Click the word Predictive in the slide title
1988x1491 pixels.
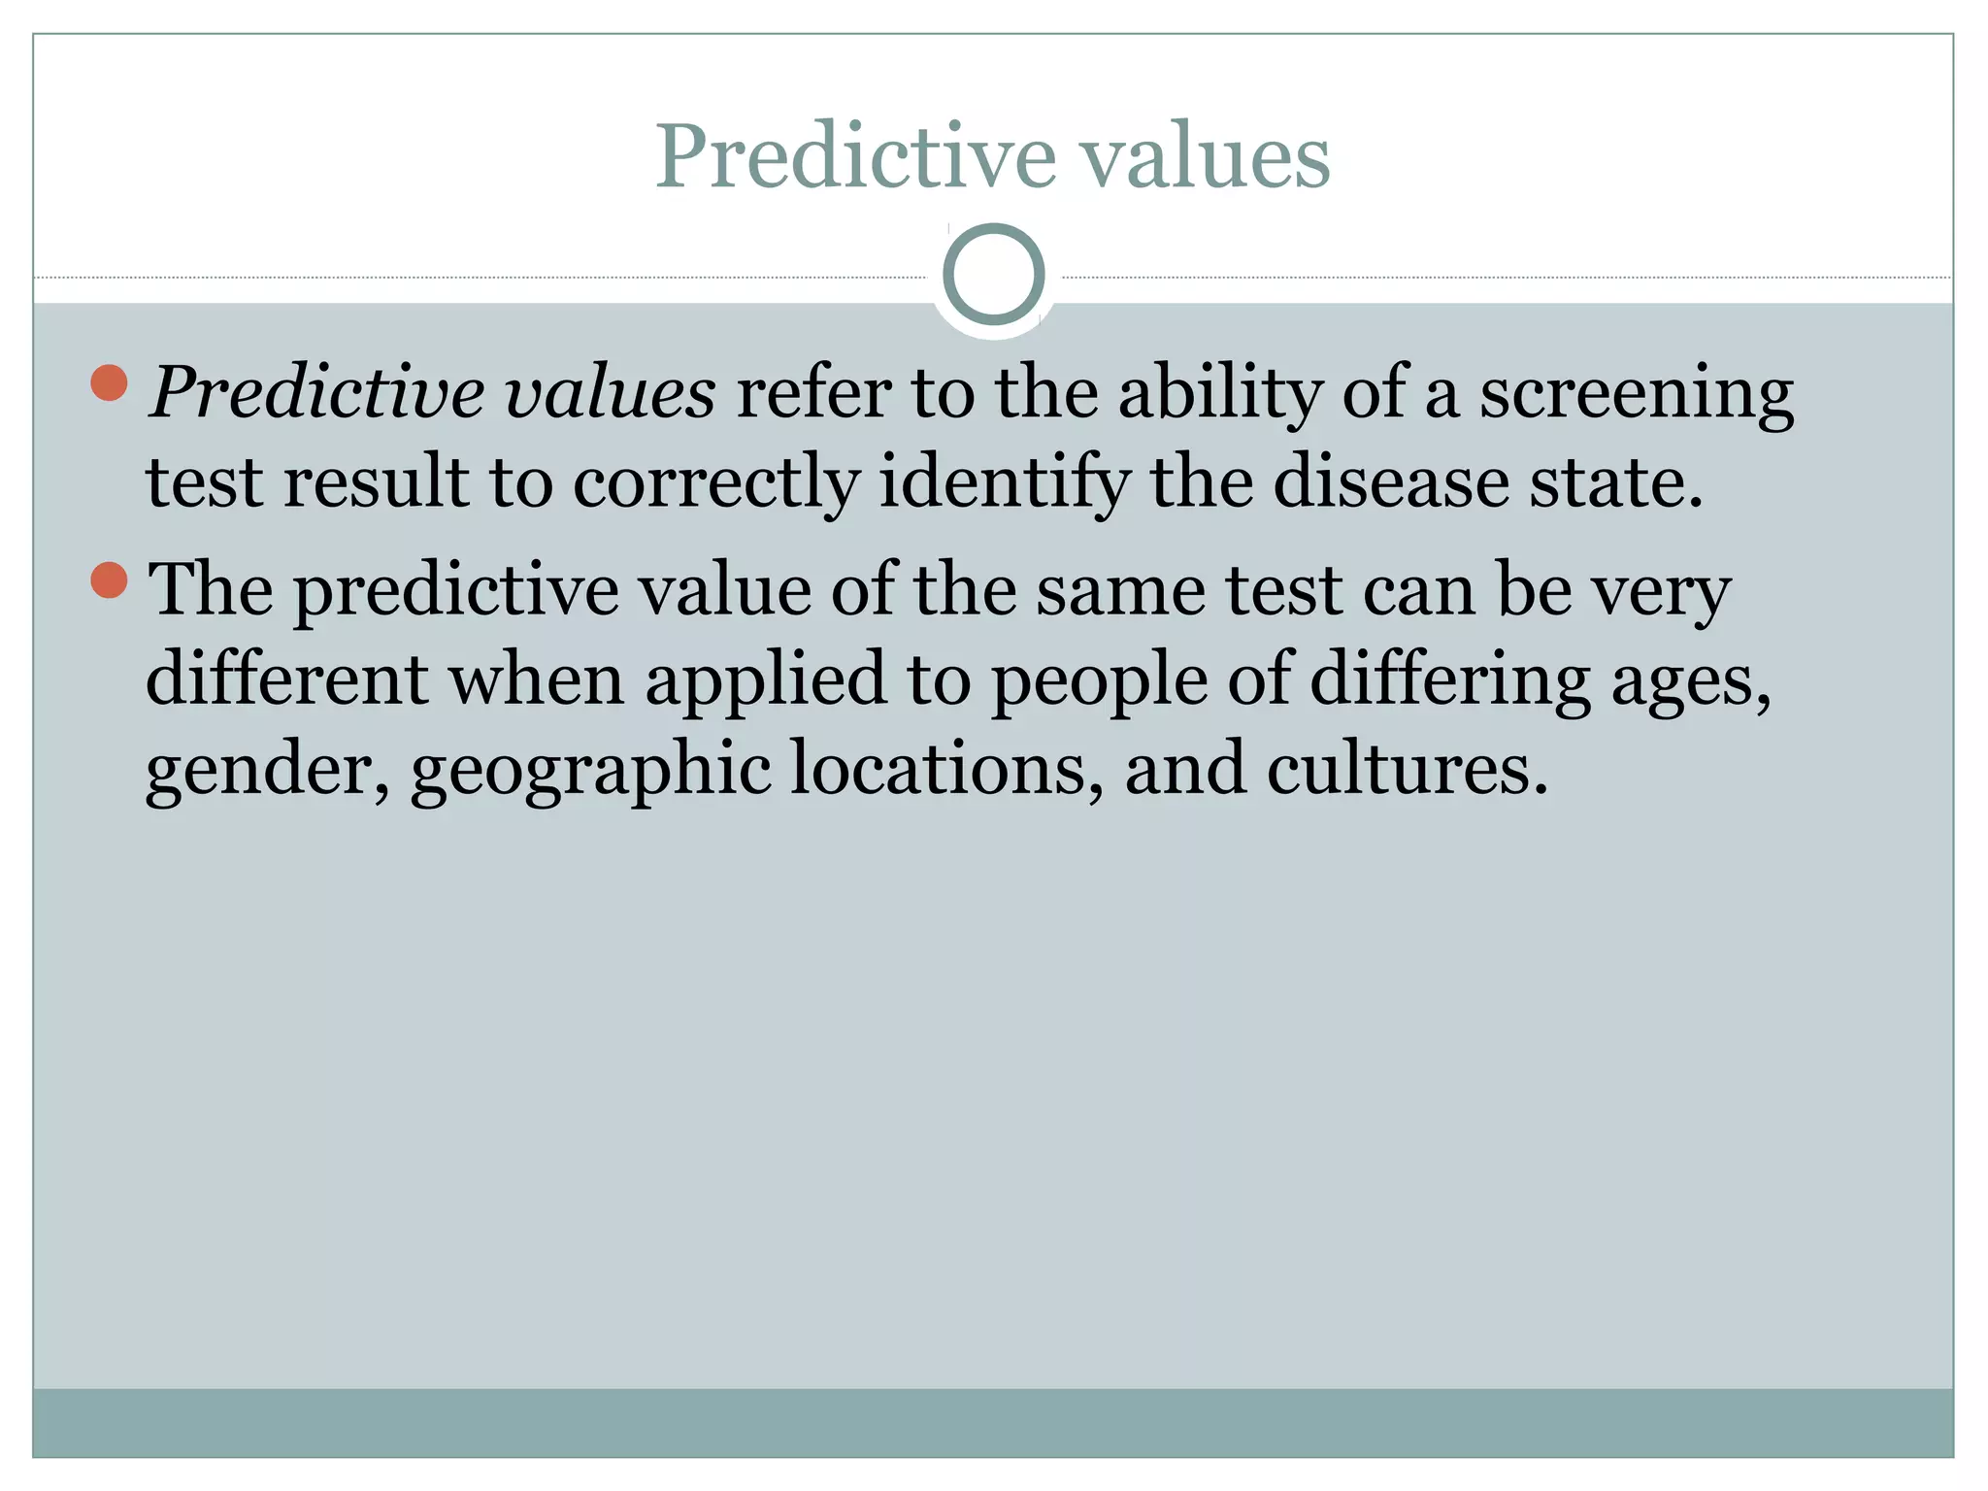click(855, 158)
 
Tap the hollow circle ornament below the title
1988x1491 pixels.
click(993, 275)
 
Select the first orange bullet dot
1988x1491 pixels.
click(109, 382)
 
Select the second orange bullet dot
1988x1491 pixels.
click(109, 580)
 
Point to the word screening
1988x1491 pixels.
click(1636, 395)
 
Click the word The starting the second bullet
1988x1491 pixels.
click(210, 589)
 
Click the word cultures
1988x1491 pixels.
click(1407, 770)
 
